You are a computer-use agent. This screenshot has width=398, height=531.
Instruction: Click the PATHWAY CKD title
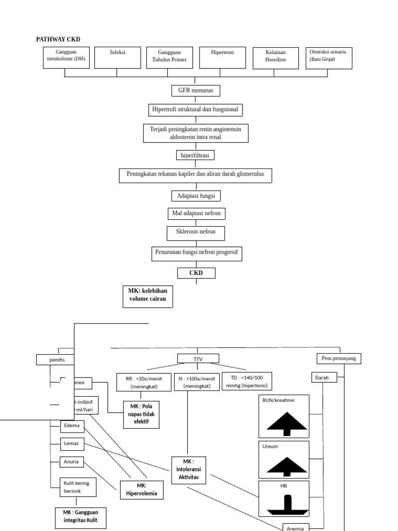[x=58, y=39]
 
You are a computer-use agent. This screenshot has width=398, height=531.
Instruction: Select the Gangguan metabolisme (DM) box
[x=66, y=58]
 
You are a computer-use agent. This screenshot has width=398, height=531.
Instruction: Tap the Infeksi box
[x=118, y=58]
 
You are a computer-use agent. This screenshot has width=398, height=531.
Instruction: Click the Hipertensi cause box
[x=222, y=58]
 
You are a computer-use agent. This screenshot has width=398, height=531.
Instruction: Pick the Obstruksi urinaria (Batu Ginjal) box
[x=328, y=58]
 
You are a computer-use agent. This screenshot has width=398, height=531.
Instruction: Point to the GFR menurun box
[x=196, y=91]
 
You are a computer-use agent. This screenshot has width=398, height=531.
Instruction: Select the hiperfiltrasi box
[x=195, y=155]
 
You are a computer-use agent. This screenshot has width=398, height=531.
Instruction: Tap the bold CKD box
[x=196, y=273]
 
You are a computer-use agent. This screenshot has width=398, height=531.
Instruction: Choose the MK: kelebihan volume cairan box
[x=148, y=296]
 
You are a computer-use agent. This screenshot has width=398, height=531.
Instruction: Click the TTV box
[x=198, y=358]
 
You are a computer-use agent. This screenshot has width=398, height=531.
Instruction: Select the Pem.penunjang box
[x=339, y=358]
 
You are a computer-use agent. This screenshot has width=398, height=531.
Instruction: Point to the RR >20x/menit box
[x=144, y=382]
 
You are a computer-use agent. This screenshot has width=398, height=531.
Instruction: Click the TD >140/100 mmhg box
[x=247, y=381]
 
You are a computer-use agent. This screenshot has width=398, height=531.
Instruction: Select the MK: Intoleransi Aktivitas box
[x=188, y=469]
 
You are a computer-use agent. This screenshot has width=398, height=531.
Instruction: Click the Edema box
[x=72, y=426]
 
